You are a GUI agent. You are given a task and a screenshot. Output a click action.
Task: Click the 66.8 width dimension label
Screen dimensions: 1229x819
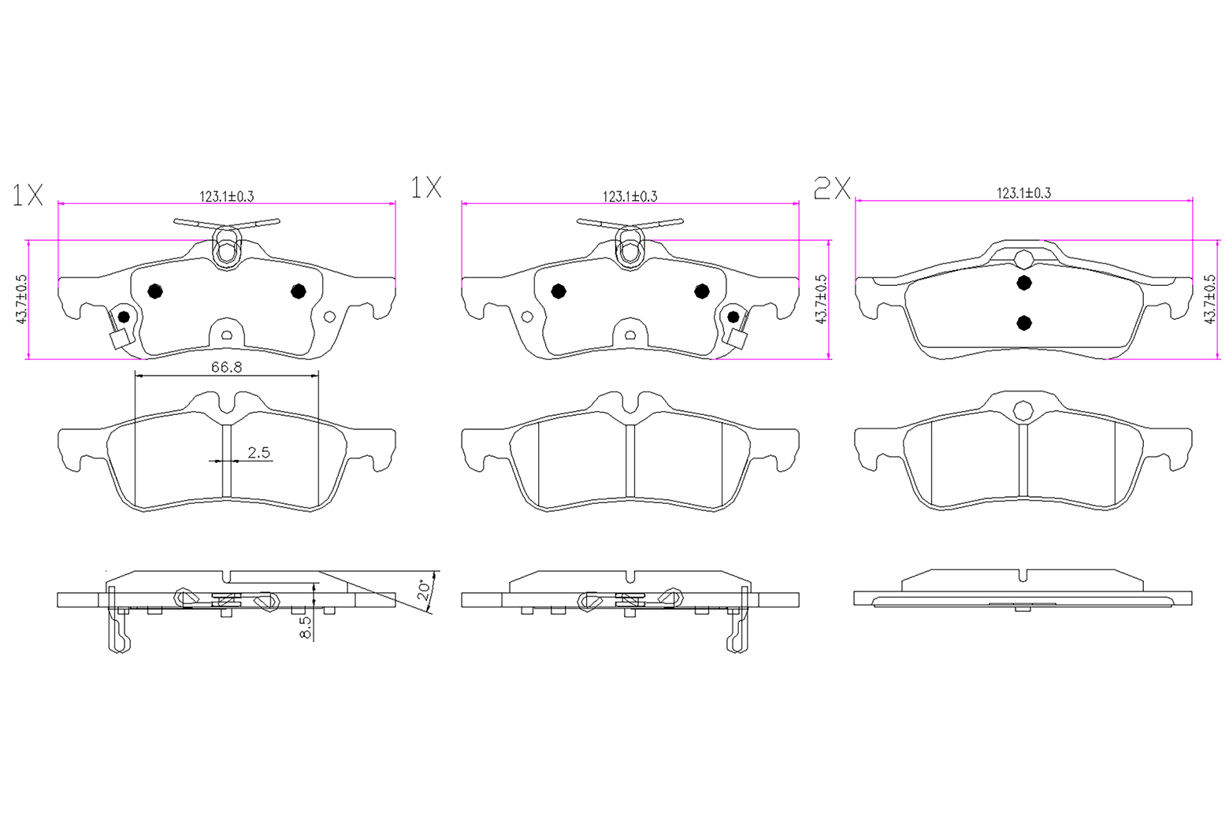tap(227, 367)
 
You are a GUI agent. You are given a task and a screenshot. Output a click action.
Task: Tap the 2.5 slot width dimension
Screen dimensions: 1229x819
tap(259, 453)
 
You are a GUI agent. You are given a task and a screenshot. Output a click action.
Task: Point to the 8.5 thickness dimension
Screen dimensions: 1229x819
tap(306, 627)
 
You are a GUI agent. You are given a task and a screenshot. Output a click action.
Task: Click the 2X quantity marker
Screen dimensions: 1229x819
tap(832, 188)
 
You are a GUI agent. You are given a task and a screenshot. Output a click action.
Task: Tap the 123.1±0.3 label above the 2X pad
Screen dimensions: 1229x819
tap(1024, 193)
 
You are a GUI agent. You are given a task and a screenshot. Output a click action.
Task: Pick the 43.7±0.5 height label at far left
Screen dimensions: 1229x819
tap(21, 299)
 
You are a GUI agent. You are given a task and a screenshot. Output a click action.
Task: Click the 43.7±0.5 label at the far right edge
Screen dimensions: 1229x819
tap(1210, 299)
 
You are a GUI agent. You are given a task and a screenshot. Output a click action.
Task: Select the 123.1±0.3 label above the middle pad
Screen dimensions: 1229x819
tap(630, 196)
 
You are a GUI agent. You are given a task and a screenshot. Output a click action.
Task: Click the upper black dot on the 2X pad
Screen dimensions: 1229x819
tap(1024, 283)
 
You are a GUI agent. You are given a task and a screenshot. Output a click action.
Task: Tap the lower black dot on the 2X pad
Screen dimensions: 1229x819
tap(1024, 323)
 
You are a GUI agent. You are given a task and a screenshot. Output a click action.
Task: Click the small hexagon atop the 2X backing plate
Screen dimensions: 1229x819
tap(1024, 259)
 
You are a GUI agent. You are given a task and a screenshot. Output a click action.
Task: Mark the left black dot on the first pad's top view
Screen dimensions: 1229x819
tap(155, 291)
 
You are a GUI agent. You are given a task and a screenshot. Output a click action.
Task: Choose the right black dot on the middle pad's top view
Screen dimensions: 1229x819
tap(702, 291)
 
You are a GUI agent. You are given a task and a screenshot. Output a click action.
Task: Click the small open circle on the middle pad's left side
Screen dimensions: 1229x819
tap(527, 317)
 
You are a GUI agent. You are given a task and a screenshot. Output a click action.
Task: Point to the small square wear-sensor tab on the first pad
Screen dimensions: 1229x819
tap(119, 339)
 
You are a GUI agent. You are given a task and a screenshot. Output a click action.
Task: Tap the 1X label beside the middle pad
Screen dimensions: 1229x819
tap(425, 187)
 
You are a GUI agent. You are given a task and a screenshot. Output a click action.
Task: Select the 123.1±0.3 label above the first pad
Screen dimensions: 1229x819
tap(227, 196)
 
